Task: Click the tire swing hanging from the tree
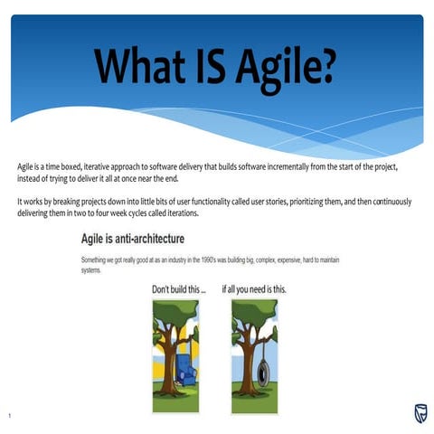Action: pos(263,370)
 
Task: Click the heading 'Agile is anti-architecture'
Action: pos(133,239)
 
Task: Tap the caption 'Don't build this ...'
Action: pos(178,289)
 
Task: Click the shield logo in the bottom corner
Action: pos(420,414)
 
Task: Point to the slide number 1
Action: pos(8,416)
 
